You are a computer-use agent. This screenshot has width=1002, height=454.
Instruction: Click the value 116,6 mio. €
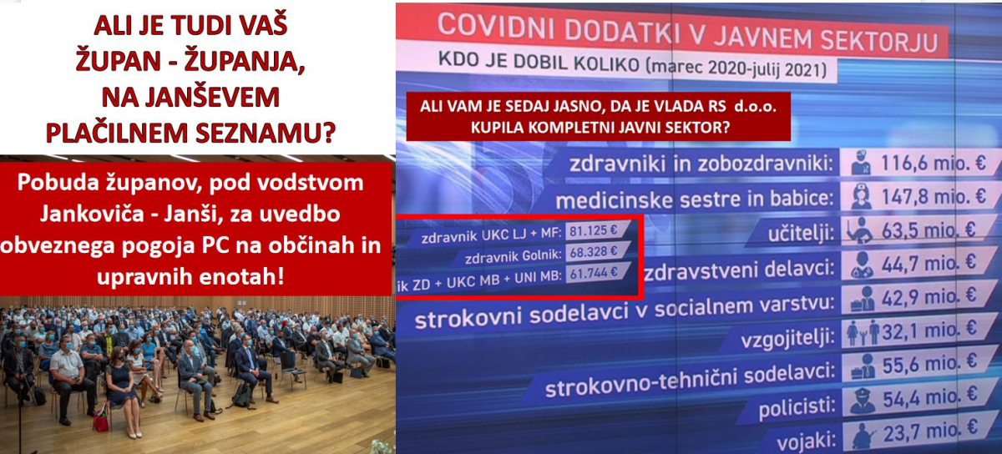pos(933,164)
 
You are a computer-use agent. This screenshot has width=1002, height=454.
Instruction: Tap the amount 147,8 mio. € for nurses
pos(934,197)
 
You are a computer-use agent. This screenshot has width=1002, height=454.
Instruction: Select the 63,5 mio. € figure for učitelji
pos(928,230)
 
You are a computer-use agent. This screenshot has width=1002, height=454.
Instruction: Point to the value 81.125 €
pos(593,231)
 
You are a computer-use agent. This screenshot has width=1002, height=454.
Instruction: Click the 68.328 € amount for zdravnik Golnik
pos(593,252)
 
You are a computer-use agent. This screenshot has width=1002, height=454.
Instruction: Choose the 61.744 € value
pos(593,272)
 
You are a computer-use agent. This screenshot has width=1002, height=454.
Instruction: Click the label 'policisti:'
pos(797,408)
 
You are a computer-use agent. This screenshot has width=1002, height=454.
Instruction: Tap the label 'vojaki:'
pos(806,442)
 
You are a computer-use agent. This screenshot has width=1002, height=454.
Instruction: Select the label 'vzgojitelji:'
pos(787,339)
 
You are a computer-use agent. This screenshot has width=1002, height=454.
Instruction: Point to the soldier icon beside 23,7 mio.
pos(863,435)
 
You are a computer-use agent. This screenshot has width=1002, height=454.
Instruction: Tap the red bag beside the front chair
pos(101,421)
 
